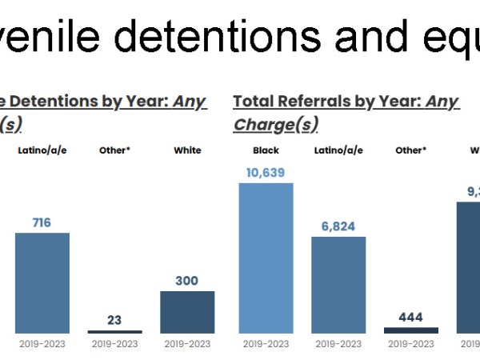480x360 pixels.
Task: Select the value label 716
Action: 42,222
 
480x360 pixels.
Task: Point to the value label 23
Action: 114,320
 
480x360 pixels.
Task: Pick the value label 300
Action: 186,281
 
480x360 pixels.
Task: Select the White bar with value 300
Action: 186,311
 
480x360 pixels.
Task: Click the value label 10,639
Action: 266,172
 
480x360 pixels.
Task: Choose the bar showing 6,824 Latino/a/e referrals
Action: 338,284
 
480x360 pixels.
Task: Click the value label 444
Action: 410,317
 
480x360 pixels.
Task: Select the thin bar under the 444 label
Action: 410,330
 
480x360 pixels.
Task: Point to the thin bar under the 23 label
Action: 114,331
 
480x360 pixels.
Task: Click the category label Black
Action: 266,150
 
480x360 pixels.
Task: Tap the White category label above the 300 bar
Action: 187,150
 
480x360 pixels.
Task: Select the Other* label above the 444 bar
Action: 410,150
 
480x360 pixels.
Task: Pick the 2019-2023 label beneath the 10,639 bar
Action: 266,344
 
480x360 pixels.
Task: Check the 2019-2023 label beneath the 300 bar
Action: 186,344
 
